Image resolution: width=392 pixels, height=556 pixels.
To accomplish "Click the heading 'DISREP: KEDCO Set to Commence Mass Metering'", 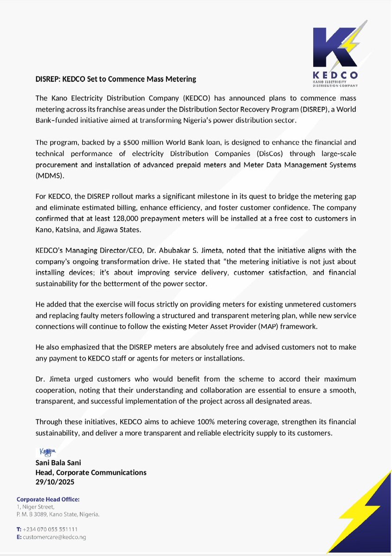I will click(x=116, y=79).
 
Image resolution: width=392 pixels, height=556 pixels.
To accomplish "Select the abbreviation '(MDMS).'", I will click(x=51, y=177).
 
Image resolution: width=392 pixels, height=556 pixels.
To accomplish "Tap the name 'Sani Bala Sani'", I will click(x=59, y=462).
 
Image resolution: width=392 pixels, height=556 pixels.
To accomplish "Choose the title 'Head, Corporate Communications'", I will click(x=91, y=473).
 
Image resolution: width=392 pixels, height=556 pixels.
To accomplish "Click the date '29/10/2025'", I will click(x=55, y=482).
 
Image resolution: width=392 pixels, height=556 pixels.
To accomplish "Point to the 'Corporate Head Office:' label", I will click(x=48, y=499).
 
